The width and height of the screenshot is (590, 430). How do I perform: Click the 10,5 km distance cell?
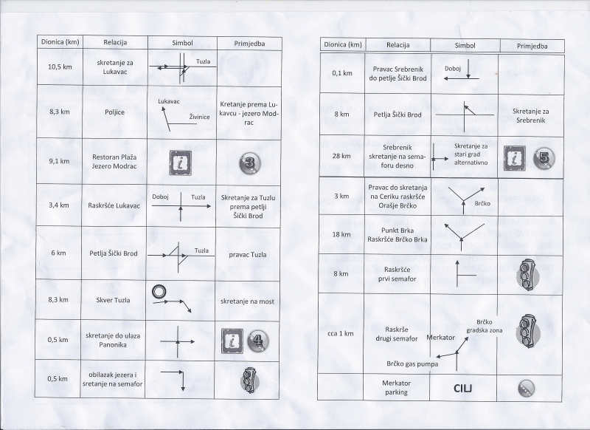tap(60, 67)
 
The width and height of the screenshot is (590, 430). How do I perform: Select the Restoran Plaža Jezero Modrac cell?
tap(114, 161)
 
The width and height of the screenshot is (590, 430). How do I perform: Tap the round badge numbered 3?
tap(249, 163)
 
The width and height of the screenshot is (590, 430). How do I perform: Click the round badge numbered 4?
tap(257, 341)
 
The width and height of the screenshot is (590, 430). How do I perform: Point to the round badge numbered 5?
tap(544, 157)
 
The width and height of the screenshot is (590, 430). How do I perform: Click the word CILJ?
tap(462, 388)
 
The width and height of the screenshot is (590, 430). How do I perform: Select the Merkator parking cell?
tap(397, 387)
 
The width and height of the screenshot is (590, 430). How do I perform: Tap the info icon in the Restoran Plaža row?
tap(180, 163)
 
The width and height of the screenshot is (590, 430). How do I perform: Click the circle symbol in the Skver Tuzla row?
tap(159, 291)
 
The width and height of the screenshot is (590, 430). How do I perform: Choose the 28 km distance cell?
tap(341, 156)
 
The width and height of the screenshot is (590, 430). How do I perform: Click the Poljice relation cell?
tap(115, 112)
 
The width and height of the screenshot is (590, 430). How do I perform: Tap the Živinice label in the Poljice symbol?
tap(199, 117)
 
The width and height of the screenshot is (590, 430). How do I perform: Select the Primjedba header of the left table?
tap(249, 44)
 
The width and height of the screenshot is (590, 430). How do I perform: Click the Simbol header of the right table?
tap(465, 46)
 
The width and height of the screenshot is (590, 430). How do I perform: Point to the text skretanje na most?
tap(247, 301)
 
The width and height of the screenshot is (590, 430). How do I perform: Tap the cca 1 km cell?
tap(341, 333)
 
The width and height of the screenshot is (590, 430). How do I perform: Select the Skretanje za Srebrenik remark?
tap(530, 116)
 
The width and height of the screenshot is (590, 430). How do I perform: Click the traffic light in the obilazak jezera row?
tap(248, 380)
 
